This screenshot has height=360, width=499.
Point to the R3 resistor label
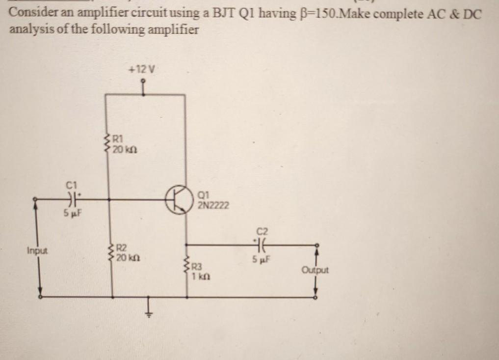tap(197, 268)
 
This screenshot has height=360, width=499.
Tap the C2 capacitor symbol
tap(260, 244)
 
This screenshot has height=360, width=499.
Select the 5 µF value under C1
tap(72, 214)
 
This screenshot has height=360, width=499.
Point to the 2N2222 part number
tap(212, 205)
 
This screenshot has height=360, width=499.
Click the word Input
tap(37, 251)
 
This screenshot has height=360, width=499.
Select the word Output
tap(315, 270)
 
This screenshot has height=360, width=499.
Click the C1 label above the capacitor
tap(72, 185)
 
